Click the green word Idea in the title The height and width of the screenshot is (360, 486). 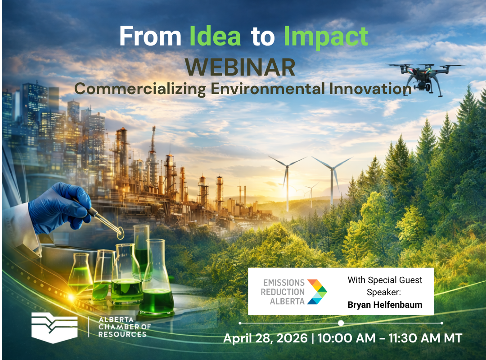215,37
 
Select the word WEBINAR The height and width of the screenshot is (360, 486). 240,67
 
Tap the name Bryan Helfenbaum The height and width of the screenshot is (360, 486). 385,305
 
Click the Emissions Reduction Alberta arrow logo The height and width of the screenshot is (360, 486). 317,291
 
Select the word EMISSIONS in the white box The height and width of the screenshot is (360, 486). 283,283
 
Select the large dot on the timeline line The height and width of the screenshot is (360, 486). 341,323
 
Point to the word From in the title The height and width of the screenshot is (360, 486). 150,37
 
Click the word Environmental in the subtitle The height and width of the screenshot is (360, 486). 268,89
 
